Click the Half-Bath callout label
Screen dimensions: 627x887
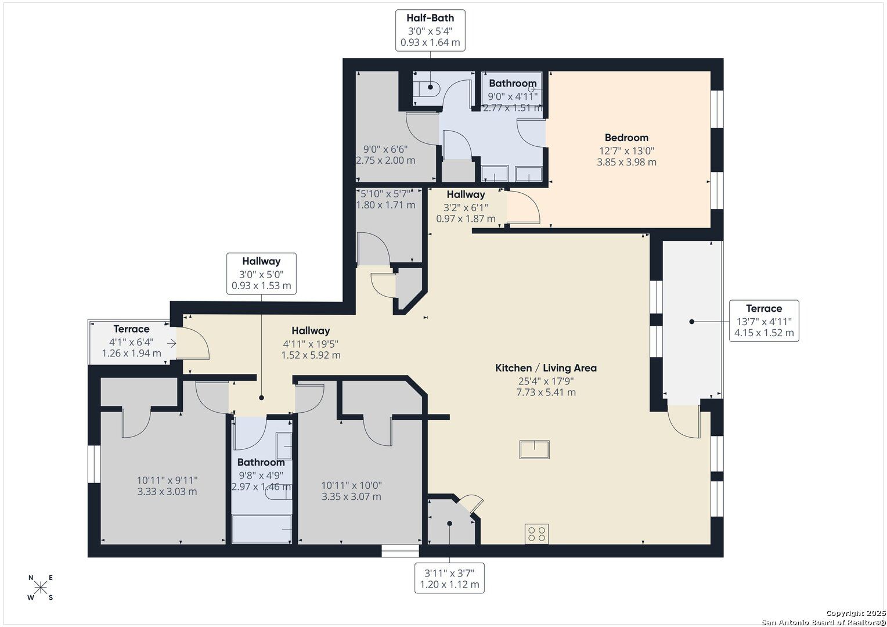[430, 30]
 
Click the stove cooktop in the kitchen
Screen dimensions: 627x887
[537, 534]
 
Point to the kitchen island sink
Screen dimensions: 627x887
[535, 449]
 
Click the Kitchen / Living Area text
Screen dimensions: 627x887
[546, 368]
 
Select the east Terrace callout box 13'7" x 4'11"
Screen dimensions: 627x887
[763, 320]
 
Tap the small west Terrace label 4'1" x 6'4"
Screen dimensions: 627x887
[131, 341]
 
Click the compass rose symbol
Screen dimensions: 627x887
[41, 588]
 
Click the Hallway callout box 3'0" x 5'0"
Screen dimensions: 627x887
[261, 273]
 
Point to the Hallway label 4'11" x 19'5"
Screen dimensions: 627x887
[311, 343]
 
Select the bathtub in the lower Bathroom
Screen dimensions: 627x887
[262, 529]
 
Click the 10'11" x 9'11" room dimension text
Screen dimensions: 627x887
[167, 486]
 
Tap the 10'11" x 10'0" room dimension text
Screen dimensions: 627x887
[352, 491]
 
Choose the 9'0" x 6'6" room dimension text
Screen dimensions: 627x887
[385, 154]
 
